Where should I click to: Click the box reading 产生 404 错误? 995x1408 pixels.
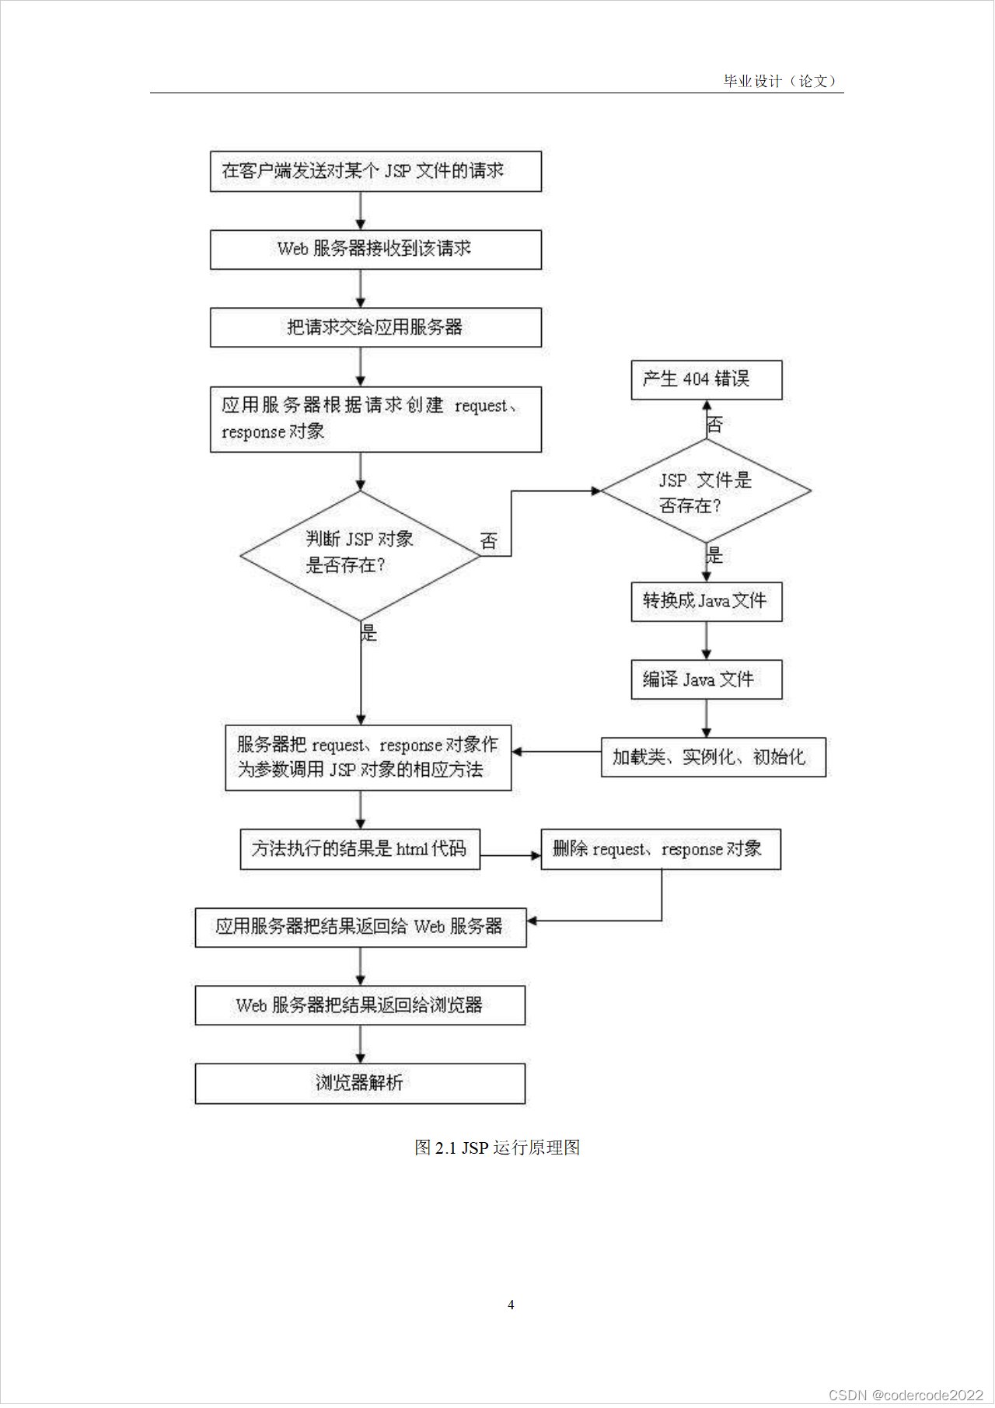coord(706,379)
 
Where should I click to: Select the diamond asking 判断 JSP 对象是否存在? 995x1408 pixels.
coord(360,555)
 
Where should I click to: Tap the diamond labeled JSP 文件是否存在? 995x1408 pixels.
coord(705,491)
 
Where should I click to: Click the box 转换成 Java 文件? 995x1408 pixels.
coord(706,601)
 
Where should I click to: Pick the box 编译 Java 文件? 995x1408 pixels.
coord(706,680)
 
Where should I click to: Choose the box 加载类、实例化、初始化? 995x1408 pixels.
coord(713,757)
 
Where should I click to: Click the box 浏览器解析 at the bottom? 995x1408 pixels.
coord(360,1083)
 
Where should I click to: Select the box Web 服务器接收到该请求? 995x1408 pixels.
coord(375,249)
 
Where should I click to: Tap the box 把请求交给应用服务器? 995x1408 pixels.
coord(375,327)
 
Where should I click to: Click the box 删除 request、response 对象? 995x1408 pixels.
coord(660,849)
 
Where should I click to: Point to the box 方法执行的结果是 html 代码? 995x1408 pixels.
coord(360,849)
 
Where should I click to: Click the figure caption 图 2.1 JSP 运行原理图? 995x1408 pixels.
coord(497,1148)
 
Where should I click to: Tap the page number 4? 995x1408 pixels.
coord(511,1305)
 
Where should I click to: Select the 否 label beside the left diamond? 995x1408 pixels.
coord(488,541)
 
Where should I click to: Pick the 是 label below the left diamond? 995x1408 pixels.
coord(368,633)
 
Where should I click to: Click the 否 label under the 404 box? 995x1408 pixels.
coord(714,424)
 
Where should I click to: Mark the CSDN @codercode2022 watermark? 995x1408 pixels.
coord(906,1395)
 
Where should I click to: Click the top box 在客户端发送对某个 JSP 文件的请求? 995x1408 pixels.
coord(375,171)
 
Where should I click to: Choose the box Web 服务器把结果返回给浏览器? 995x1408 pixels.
coord(360,1005)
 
